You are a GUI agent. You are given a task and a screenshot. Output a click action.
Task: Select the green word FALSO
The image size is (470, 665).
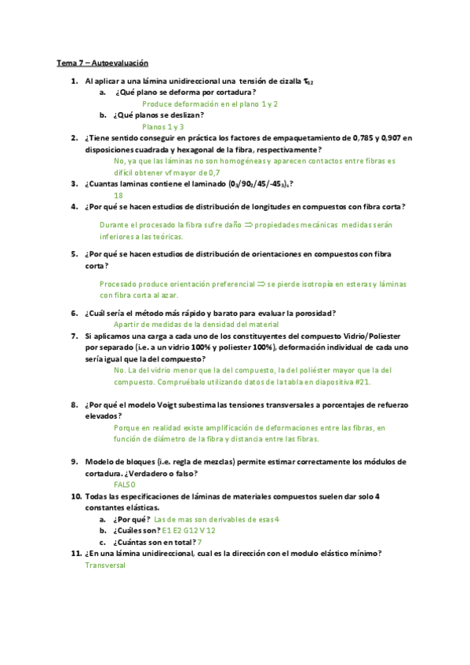click(125, 485)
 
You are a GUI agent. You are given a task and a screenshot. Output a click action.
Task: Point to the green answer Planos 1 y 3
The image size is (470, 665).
click(163, 125)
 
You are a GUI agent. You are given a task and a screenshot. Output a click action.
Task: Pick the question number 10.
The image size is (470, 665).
click(76, 496)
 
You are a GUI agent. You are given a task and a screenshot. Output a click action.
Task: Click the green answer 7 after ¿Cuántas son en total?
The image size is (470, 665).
click(200, 542)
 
